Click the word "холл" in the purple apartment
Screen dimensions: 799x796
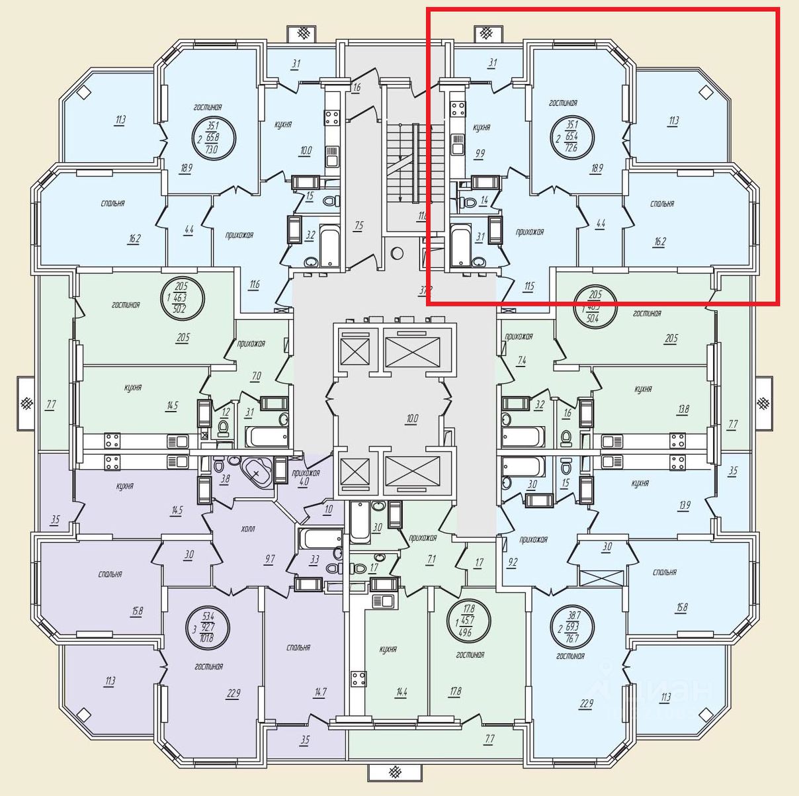pyautogui.click(x=248, y=529)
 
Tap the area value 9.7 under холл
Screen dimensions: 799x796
pyautogui.click(x=270, y=559)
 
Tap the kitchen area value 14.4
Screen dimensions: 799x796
pyautogui.click(x=401, y=693)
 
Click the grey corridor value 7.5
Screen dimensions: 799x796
pyautogui.click(x=358, y=226)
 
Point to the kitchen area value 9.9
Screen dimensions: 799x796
pyautogui.click(x=480, y=154)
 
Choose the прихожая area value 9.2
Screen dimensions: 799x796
pyautogui.click(x=513, y=562)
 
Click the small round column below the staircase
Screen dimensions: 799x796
pyautogui.click(x=397, y=253)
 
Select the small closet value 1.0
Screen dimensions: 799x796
pyautogui.click(x=328, y=509)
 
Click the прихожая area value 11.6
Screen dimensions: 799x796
pyautogui.click(x=255, y=285)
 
